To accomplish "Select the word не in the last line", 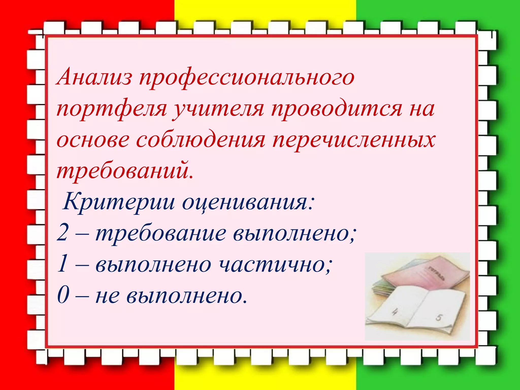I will tap(107, 296).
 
